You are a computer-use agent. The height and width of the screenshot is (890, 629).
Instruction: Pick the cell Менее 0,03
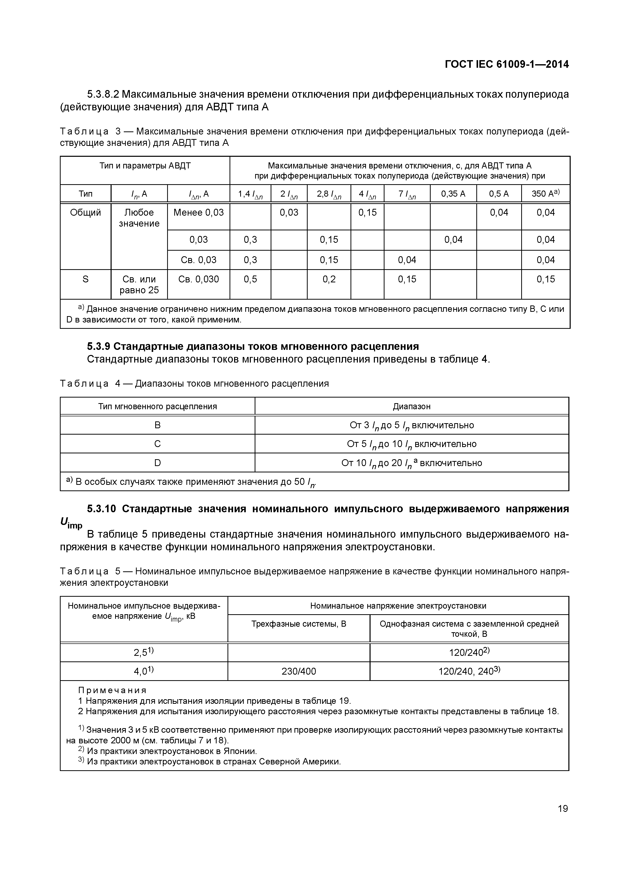(x=198, y=212)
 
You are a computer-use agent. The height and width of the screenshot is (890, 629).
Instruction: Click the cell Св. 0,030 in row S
(x=198, y=279)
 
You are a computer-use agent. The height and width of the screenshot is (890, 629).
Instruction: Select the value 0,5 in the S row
(x=250, y=279)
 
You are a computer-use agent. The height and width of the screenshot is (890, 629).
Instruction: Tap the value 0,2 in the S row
(x=329, y=279)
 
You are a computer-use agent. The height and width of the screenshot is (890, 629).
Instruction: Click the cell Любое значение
(x=139, y=218)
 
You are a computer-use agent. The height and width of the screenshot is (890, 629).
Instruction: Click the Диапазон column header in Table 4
(x=412, y=406)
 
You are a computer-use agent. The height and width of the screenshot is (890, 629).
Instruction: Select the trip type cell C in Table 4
(x=157, y=444)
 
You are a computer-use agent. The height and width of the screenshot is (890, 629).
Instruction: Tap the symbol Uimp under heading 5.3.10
(x=71, y=523)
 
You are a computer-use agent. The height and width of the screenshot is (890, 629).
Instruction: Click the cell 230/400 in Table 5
(x=299, y=671)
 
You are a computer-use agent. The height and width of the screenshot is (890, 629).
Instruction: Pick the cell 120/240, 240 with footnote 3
(x=469, y=671)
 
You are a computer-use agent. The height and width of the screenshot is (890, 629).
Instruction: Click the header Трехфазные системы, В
(x=299, y=624)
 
